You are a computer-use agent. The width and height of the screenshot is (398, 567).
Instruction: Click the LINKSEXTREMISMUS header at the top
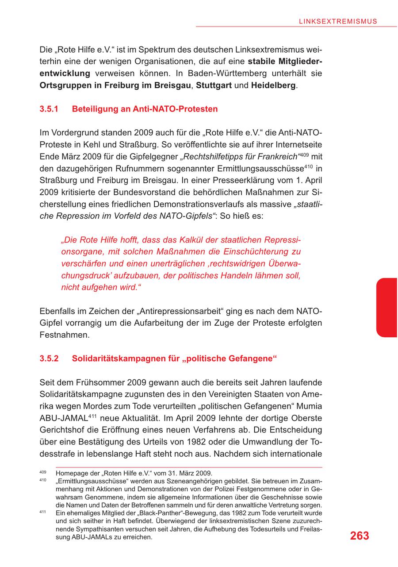coord(338,21)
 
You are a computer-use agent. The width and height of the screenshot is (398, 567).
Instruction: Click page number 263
coord(359,536)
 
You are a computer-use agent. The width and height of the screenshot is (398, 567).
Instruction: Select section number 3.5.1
coord(49,109)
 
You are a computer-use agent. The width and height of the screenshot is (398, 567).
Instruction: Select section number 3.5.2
coord(49,359)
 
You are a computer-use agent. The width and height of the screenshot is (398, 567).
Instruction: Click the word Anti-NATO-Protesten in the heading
coord(175,109)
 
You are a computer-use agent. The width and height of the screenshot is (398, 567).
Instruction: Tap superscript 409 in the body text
coord(305,154)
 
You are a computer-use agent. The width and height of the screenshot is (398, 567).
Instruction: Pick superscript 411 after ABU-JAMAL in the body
coord(92,416)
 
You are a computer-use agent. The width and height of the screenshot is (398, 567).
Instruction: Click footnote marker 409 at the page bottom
coord(43,472)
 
